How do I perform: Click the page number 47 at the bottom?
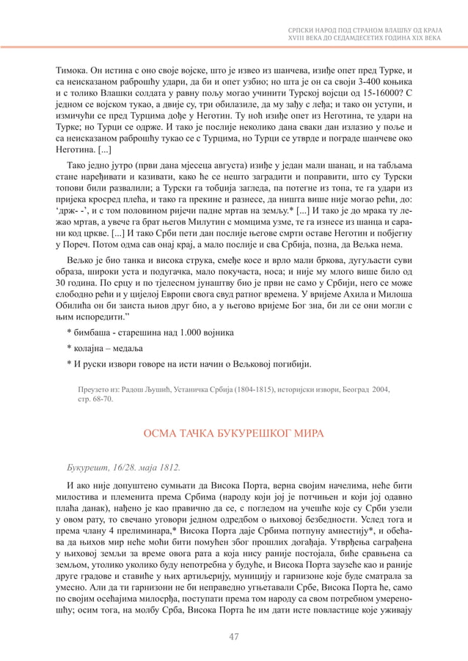234,636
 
